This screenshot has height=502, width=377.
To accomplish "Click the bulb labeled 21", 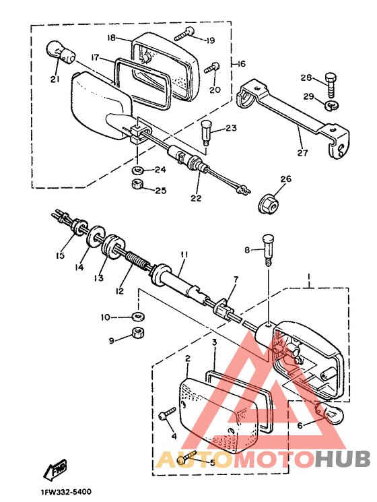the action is click(61, 53).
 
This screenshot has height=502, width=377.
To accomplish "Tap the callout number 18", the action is click(111, 38).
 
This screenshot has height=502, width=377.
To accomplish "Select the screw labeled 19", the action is click(185, 34).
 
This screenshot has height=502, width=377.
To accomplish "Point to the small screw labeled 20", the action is click(212, 67).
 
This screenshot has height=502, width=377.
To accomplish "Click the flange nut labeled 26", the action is click(269, 204).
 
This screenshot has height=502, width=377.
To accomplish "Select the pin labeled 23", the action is click(206, 131).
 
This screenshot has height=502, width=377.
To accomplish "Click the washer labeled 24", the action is click(137, 169).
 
